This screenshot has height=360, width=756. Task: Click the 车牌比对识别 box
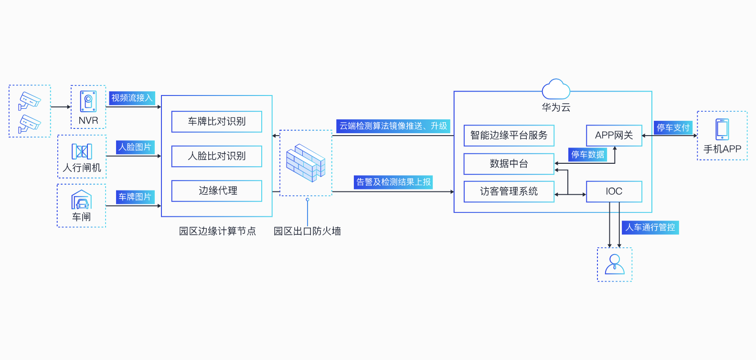pos(217,122)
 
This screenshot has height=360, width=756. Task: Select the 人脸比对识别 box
pos(217,156)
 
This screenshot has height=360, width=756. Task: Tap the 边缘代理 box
pos(217,191)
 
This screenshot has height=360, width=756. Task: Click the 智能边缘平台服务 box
pos(509,136)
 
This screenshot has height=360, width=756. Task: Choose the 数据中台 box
pos(509,164)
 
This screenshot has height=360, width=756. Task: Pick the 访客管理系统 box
pos(509,191)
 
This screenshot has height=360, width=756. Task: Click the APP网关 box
pos(614,136)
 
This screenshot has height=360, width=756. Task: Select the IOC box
pos(614,191)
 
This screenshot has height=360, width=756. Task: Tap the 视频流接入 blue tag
pos(132,98)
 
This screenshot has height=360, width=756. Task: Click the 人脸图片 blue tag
pos(135,147)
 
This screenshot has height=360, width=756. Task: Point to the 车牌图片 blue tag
pos(135,197)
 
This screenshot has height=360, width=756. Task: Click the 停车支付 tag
pos(673,127)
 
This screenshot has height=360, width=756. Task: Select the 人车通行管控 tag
pos(650,227)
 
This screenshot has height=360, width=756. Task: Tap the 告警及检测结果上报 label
pos(393,182)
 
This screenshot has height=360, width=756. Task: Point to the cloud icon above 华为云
pos(556,89)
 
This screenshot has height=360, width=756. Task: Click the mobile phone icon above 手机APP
pos(722,129)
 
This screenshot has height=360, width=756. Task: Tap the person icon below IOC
pos(615,264)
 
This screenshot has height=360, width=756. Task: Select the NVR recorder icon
pos(88,102)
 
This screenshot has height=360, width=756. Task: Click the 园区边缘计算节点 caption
pos(217,231)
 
